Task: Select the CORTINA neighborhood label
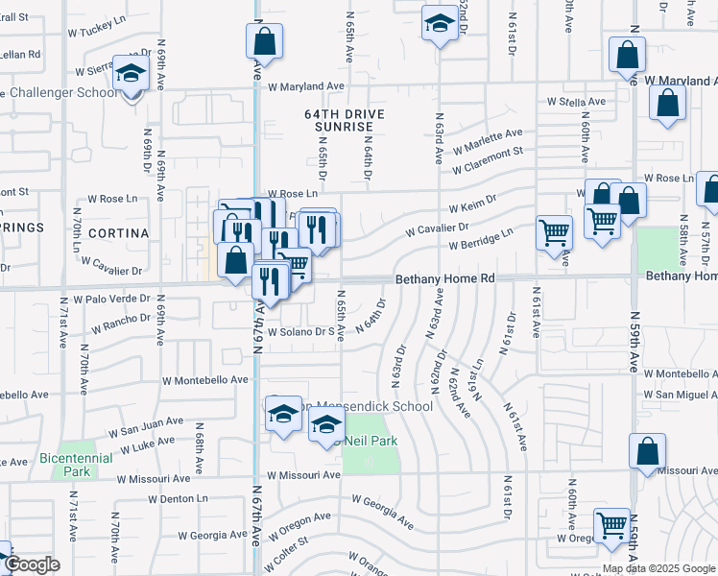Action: click(x=119, y=233)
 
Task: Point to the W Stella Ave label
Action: click(x=576, y=101)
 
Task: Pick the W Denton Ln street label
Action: click(x=179, y=499)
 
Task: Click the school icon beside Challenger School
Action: click(x=129, y=73)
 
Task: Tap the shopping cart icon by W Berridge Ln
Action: click(x=554, y=232)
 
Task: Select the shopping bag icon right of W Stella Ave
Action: click(x=667, y=104)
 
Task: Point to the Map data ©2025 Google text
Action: click(x=658, y=568)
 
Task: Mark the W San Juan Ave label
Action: click(x=146, y=426)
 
